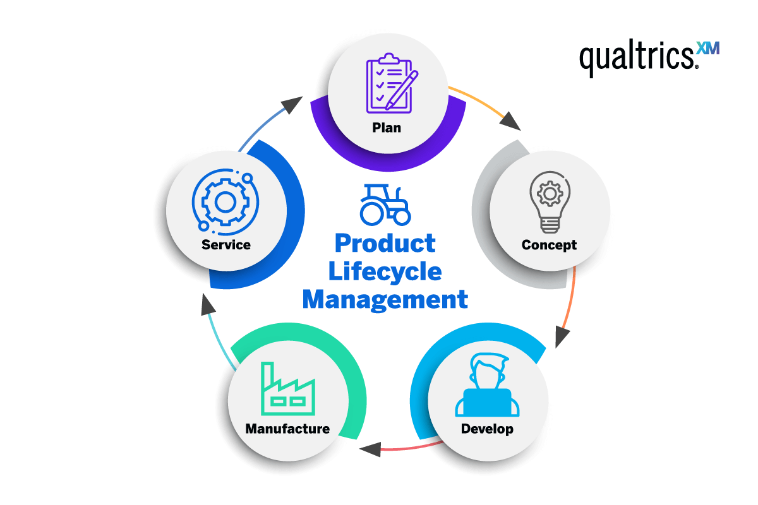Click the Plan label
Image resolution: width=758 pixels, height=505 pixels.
click(x=387, y=128)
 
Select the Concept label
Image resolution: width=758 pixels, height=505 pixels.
click(x=549, y=245)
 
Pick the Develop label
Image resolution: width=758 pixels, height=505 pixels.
click(x=487, y=429)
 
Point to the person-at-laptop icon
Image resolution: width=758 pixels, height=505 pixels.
click(x=487, y=386)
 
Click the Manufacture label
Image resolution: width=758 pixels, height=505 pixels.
click(x=287, y=429)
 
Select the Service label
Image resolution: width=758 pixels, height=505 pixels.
click(x=226, y=244)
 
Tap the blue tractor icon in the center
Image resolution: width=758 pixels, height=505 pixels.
click(x=385, y=204)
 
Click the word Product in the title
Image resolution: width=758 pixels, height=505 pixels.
click(x=385, y=243)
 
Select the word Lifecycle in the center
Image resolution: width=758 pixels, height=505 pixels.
click(x=385, y=271)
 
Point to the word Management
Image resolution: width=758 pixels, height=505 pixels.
click(x=385, y=299)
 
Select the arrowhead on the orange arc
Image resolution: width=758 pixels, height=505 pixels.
click(x=563, y=336)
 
